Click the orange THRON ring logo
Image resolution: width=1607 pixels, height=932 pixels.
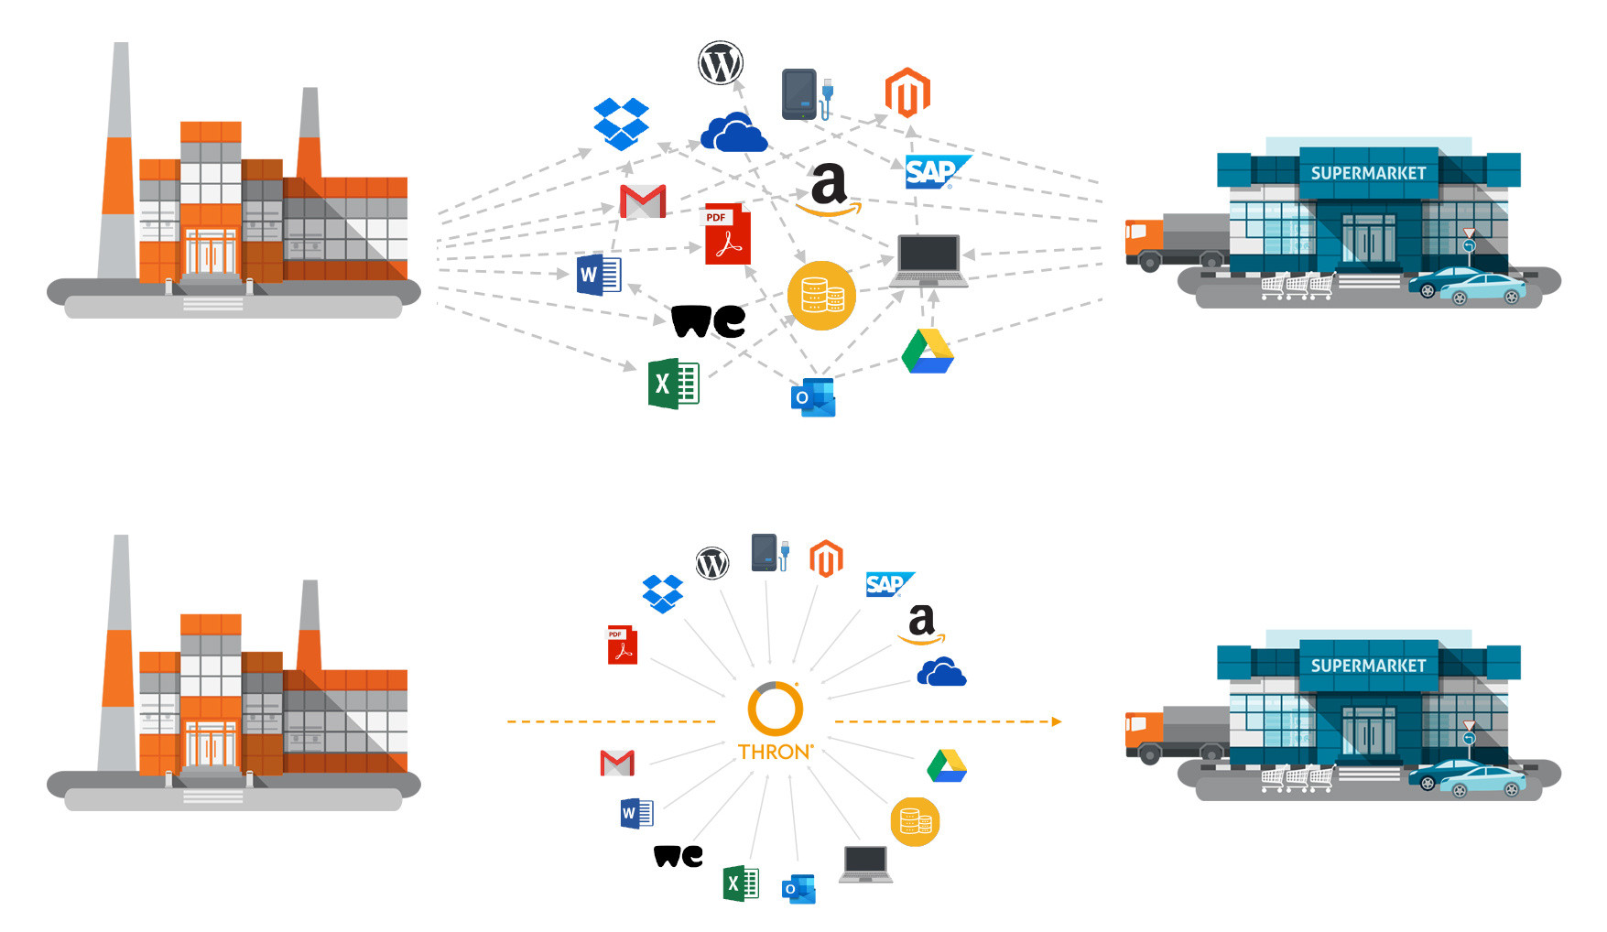pyautogui.click(x=775, y=708)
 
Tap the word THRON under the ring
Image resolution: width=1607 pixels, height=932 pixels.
pyautogui.click(x=775, y=752)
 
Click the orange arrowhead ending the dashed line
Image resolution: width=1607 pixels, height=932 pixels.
pyautogui.click(x=1056, y=721)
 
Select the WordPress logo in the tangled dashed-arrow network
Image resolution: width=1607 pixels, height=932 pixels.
pyautogui.click(x=721, y=63)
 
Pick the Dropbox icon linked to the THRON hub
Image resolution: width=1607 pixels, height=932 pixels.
pyautogui.click(x=663, y=593)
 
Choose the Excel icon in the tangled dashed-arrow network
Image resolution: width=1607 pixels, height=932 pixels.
pyautogui.click(x=674, y=384)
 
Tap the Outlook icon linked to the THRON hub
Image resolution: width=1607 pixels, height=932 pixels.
pyautogui.click(x=798, y=889)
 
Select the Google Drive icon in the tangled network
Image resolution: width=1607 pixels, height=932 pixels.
pyautogui.click(x=928, y=352)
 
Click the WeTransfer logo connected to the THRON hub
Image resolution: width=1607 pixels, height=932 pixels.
pyautogui.click(x=679, y=856)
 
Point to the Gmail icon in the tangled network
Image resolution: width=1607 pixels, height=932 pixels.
pyautogui.click(x=643, y=200)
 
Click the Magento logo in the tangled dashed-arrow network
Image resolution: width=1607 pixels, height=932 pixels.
pyautogui.click(x=907, y=93)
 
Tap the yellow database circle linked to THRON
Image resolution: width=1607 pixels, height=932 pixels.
pyautogui.click(x=915, y=821)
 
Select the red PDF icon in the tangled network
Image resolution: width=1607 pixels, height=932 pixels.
pyautogui.click(x=727, y=235)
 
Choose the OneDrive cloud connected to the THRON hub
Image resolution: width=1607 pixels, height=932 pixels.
pyautogui.click(x=941, y=673)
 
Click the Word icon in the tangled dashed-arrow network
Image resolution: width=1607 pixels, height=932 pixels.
pyautogui.click(x=599, y=275)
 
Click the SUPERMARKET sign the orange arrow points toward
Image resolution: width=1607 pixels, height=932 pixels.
pyautogui.click(x=1368, y=666)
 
